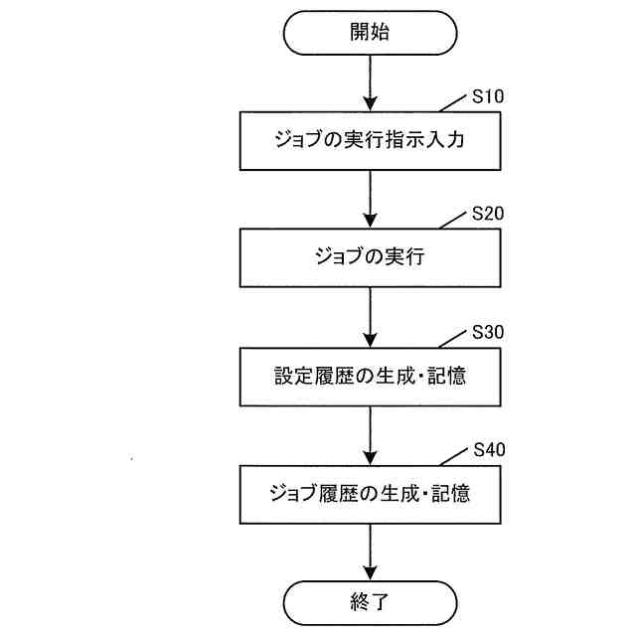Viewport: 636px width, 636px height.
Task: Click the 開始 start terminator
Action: point(370,33)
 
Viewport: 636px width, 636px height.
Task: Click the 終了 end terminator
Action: point(370,603)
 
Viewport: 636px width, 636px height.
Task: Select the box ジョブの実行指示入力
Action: point(370,140)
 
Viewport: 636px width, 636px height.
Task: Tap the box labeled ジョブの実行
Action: point(370,257)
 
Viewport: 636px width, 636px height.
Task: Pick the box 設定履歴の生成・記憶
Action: point(370,376)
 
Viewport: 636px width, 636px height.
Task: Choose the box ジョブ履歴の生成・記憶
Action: point(370,493)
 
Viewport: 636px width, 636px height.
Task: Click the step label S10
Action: point(488,97)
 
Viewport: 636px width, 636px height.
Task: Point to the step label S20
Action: point(488,215)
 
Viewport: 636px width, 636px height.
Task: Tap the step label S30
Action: point(488,333)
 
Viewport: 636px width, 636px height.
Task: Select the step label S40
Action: point(488,450)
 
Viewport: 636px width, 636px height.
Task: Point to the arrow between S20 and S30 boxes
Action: point(370,317)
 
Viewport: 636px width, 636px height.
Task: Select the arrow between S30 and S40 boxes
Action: point(370,434)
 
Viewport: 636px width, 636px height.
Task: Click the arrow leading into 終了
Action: point(370,552)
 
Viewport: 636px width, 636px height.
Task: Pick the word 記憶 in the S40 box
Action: point(452,493)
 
